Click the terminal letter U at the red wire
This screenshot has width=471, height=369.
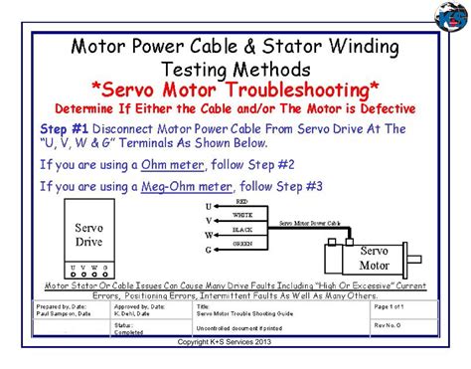pos(208,206)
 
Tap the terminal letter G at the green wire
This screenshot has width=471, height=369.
pos(208,250)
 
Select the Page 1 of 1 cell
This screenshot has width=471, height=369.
pos(394,307)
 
